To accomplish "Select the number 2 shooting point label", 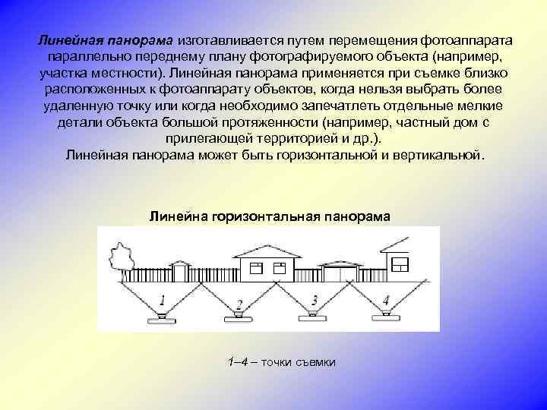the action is point(239,304).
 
